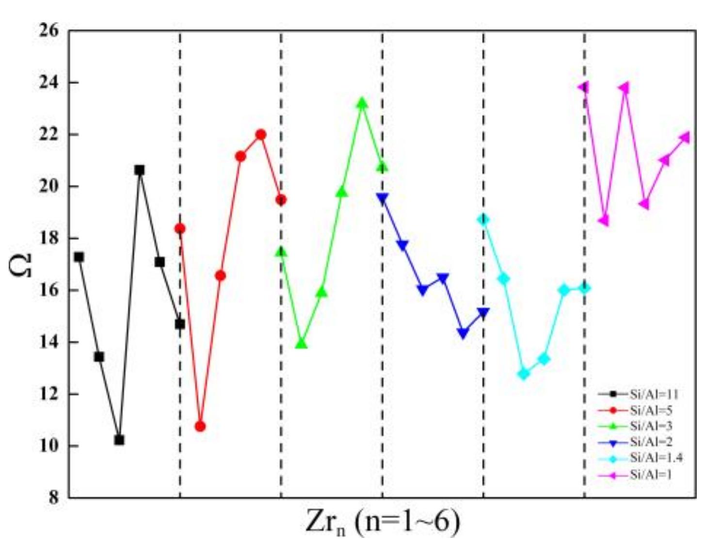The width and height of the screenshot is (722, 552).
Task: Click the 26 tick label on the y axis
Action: coord(48,30)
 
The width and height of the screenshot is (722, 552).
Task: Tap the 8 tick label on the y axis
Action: coord(53,498)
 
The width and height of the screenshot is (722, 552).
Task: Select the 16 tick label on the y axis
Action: coord(48,290)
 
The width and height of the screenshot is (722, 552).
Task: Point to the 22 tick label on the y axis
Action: coord(48,134)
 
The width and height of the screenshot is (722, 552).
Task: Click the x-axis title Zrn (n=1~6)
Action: coord(383,523)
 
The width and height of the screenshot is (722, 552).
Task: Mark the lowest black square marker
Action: coord(119,440)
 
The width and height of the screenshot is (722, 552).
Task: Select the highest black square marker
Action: coord(140,170)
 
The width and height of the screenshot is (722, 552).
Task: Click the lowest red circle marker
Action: coord(200,426)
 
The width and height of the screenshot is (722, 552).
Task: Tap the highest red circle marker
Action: coord(261,134)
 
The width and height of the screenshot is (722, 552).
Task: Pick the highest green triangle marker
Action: coord(362,103)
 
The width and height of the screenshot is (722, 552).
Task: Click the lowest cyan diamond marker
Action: coord(524,373)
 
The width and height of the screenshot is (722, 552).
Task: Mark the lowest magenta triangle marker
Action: coord(604,221)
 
